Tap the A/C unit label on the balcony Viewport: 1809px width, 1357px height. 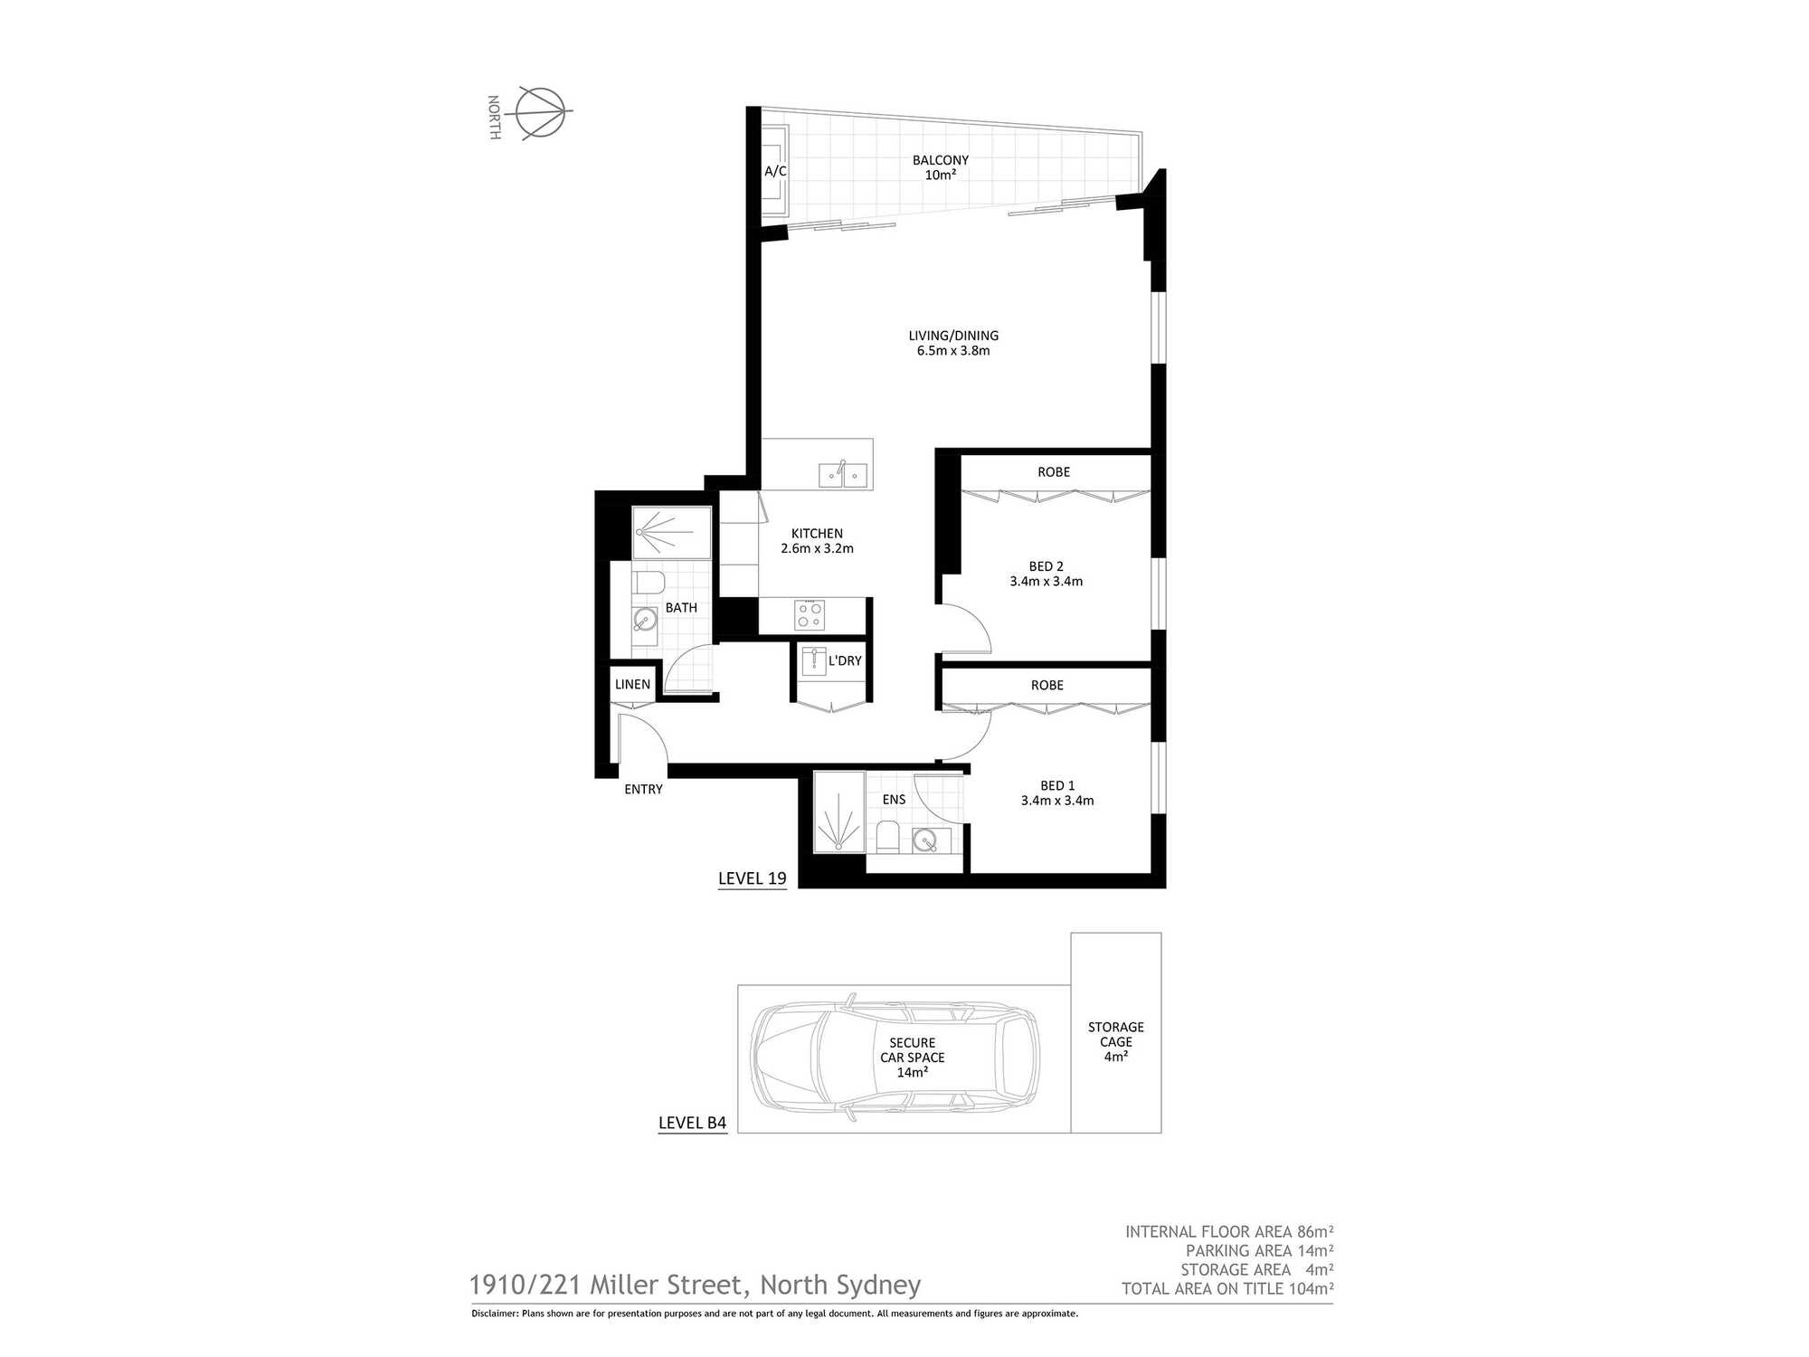coord(775,171)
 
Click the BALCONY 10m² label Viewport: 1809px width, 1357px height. coord(941,167)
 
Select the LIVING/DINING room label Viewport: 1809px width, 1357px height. coord(953,336)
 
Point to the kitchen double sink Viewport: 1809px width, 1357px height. coord(843,474)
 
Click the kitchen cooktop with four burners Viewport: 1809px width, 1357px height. coord(810,615)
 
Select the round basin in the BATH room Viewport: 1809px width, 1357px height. coord(644,620)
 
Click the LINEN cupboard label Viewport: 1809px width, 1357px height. coord(632,685)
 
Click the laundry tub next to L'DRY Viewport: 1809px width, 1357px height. coord(814,660)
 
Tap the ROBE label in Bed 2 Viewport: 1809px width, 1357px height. coord(1054,472)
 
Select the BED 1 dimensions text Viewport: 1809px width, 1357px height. coord(1057,801)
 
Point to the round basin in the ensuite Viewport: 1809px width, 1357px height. coord(924,841)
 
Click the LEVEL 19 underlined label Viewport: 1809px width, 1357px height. coord(753,879)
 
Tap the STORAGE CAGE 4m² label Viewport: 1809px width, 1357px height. coord(1116,1041)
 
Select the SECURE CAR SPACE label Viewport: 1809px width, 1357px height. coord(913,1050)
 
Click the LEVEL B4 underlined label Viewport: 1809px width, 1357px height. coord(693,1124)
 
